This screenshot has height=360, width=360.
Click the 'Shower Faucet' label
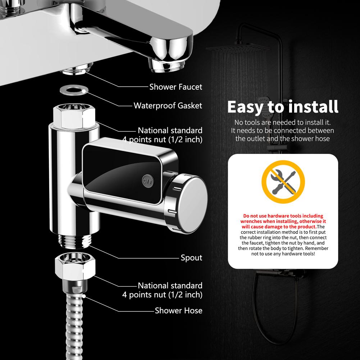click(176, 87)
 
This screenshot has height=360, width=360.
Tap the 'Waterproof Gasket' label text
click(168, 106)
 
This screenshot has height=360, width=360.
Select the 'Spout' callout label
click(191, 258)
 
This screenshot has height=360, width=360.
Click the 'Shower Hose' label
click(178, 311)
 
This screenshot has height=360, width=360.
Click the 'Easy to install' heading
click(283, 107)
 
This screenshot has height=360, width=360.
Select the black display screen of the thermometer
click(122, 169)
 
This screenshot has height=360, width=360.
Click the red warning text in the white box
click(283, 221)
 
